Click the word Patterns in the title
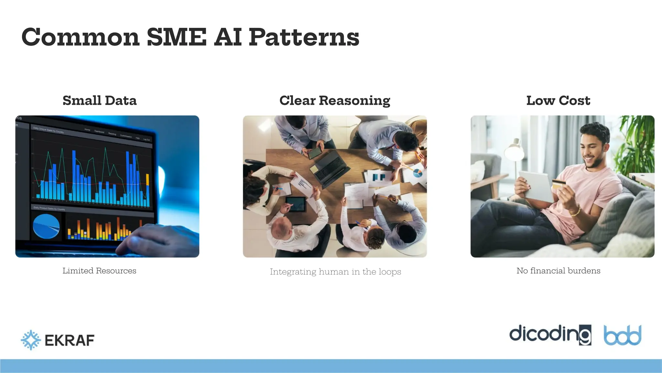(304, 37)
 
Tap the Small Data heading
(100, 100)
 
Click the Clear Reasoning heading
(335, 100)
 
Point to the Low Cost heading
(558, 100)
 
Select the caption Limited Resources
(100, 271)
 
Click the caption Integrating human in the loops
(335, 272)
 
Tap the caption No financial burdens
(558, 271)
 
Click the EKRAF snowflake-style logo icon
(31, 340)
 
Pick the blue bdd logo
(622, 335)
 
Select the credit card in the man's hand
(559, 185)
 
